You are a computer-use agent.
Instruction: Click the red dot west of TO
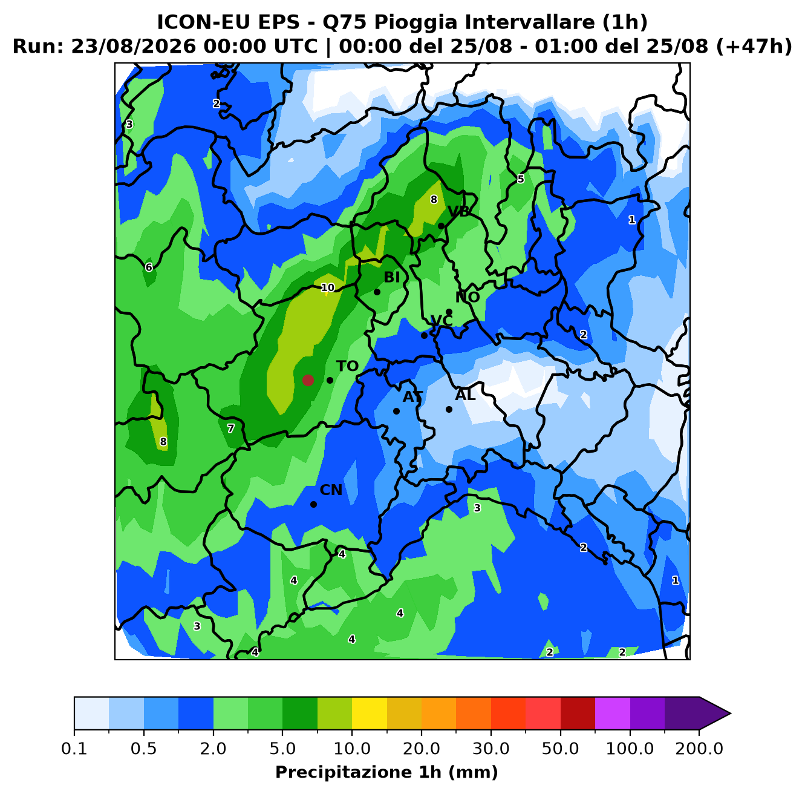(x=308, y=380)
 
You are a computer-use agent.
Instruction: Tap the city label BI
(x=391, y=277)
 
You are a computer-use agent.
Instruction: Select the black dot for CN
(x=313, y=504)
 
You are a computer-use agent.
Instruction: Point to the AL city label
(x=465, y=395)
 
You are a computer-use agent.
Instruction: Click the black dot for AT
(x=396, y=411)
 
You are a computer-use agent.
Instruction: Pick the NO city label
(x=468, y=297)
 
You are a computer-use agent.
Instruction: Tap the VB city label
(x=458, y=212)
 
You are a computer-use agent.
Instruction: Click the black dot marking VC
(x=424, y=335)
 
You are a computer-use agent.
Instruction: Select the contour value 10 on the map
(x=328, y=287)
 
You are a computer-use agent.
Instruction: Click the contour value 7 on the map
(x=230, y=428)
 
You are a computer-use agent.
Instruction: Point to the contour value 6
(x=149, y=267)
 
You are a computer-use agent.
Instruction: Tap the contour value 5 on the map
(x=521, y=179)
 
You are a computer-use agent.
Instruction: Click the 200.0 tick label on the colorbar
(x=699, y=749)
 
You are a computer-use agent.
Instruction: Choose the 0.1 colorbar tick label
(x=74, y=749)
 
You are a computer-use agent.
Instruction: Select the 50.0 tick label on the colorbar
(x=561, y=749)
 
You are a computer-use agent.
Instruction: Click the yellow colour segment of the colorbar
(x=370, y=714)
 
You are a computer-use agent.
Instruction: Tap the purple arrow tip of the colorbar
(x=730, y=714)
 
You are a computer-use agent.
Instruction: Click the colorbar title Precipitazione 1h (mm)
(x=386, y=772)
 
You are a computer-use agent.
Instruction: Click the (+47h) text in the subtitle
(x=754, y=47)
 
